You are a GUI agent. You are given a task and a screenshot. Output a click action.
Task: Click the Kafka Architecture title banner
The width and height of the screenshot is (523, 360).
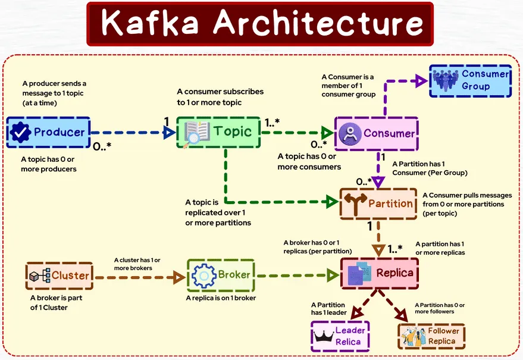click(x=261, y=23)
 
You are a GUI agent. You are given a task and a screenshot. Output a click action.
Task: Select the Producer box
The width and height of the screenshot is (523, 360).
click(x=48, y=133)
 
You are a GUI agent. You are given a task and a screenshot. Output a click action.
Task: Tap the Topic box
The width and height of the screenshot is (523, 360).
click(x=218, y=132)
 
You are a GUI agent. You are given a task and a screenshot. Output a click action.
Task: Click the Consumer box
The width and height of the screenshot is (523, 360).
click(x=376, y=133)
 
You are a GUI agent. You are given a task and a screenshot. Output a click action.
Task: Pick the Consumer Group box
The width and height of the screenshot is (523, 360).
click(x=471, y=81)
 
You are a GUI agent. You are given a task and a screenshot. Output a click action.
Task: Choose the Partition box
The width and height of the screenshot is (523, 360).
click(x=377, y=204)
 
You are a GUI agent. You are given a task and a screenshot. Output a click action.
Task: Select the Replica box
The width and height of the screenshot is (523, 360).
click(x=379, y=274)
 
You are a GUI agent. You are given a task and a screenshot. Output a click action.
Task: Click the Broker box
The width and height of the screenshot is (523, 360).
click(x=220, y=276)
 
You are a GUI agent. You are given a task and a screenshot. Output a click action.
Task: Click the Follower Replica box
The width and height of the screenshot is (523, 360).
click(x=431, y=337)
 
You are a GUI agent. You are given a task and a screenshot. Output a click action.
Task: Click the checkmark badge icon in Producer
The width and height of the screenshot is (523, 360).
click(x=21, y=133)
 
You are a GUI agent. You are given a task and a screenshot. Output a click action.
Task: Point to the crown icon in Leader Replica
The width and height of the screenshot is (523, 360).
click(x=323, y=337)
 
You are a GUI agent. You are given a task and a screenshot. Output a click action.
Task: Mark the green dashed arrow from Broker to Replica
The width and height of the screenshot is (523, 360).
click(x=295, y=276)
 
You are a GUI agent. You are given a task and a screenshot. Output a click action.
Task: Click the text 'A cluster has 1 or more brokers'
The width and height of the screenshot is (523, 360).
click(x=137, y=264)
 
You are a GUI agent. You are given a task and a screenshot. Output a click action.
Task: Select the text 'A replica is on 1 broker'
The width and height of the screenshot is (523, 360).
click(x=221, y=298)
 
